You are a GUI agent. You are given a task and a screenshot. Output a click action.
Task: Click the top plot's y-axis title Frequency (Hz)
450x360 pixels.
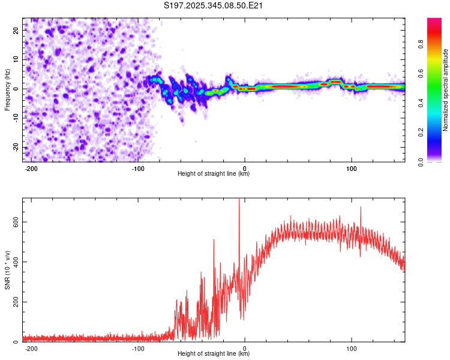(x=7, y=88)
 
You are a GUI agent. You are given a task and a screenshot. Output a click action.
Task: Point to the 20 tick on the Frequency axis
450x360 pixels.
(x=16, y=29)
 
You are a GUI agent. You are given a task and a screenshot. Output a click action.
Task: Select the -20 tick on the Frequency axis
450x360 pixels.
(x=15, y=147)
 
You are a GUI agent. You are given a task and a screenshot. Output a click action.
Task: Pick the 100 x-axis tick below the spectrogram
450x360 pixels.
(x=352, y=167)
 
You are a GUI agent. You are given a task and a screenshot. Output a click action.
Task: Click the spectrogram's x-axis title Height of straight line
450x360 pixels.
(x=214, y=174)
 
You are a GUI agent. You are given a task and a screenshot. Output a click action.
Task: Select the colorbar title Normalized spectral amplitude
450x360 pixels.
(x=446, y=90)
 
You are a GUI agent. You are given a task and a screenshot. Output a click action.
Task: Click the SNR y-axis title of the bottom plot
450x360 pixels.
(x=7, y=269)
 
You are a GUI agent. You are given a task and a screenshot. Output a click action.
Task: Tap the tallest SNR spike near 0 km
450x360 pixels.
(x=239, y=200)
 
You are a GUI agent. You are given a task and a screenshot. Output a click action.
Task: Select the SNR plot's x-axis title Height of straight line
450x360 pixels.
(x=214, y=354)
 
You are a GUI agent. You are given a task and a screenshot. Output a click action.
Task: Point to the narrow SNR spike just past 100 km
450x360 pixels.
(x=361, y=208)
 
